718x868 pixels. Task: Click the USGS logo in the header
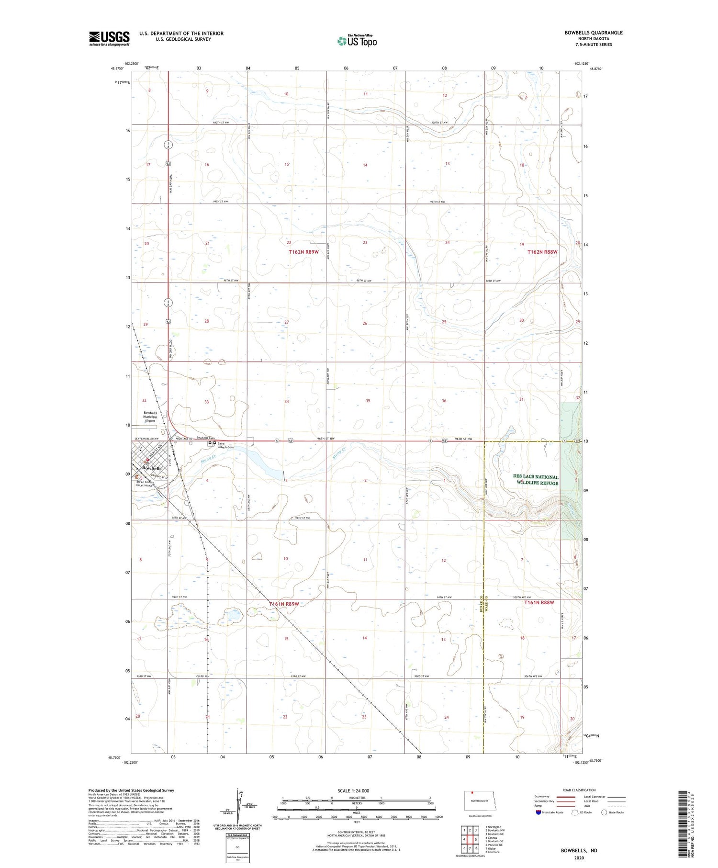pyautogui.click(x=109, y=38)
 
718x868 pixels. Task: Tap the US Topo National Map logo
pyautogui.click(x=357, y=41)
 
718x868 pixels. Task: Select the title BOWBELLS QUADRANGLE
pyautogui.click(x=594, y=33)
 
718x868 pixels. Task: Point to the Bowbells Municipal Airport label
pyautogui.click(x=150, y=417)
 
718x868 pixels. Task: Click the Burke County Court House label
pyautogui.click(x=151, y=483)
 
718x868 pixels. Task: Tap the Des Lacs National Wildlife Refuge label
pyautogui.click(x=536, y=480)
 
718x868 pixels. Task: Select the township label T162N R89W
pyautogui.click(x=303, y=252)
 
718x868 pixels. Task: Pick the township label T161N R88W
pyautogui.click(x=539, y=603)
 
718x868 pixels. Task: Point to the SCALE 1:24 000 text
pyautogui.click(x=346, y=790)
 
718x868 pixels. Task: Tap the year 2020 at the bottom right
pyautogui.click(x=579, y=858)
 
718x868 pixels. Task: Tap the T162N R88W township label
pyautogui.click(x=543, y=252)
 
